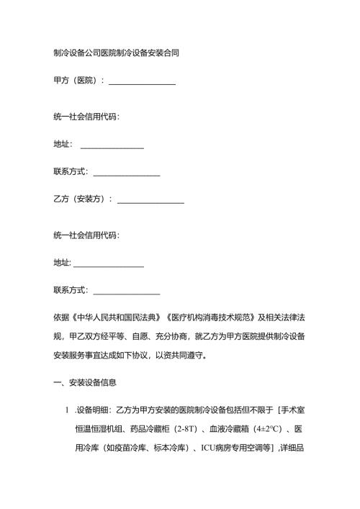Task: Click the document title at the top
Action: click(116, 53)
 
